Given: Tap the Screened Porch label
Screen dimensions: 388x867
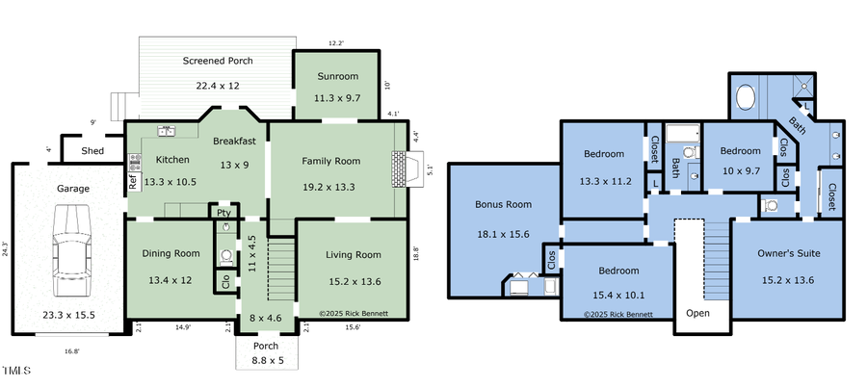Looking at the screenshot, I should tap(218, 61).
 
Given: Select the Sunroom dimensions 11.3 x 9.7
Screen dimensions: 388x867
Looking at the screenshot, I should tap(336, 98).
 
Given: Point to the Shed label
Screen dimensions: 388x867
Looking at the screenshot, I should tap(92, 151).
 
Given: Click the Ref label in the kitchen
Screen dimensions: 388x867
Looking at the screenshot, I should tap(133, 179).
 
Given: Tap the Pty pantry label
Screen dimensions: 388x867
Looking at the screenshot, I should tap(223, 213).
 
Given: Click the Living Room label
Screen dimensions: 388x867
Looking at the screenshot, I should tap(355, 255).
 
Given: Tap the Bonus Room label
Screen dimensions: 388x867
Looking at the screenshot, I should tap(503, 204).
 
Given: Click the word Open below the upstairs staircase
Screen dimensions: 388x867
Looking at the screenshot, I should tap(697, 314).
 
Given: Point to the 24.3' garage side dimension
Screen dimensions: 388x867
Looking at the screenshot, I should tap(6, 248).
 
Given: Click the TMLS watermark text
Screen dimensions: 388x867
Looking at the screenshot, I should tap(15, 371).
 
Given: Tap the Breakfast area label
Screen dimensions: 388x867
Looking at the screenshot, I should tap(234, 141).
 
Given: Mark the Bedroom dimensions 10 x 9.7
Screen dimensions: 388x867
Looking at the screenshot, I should tap(741, 169).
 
